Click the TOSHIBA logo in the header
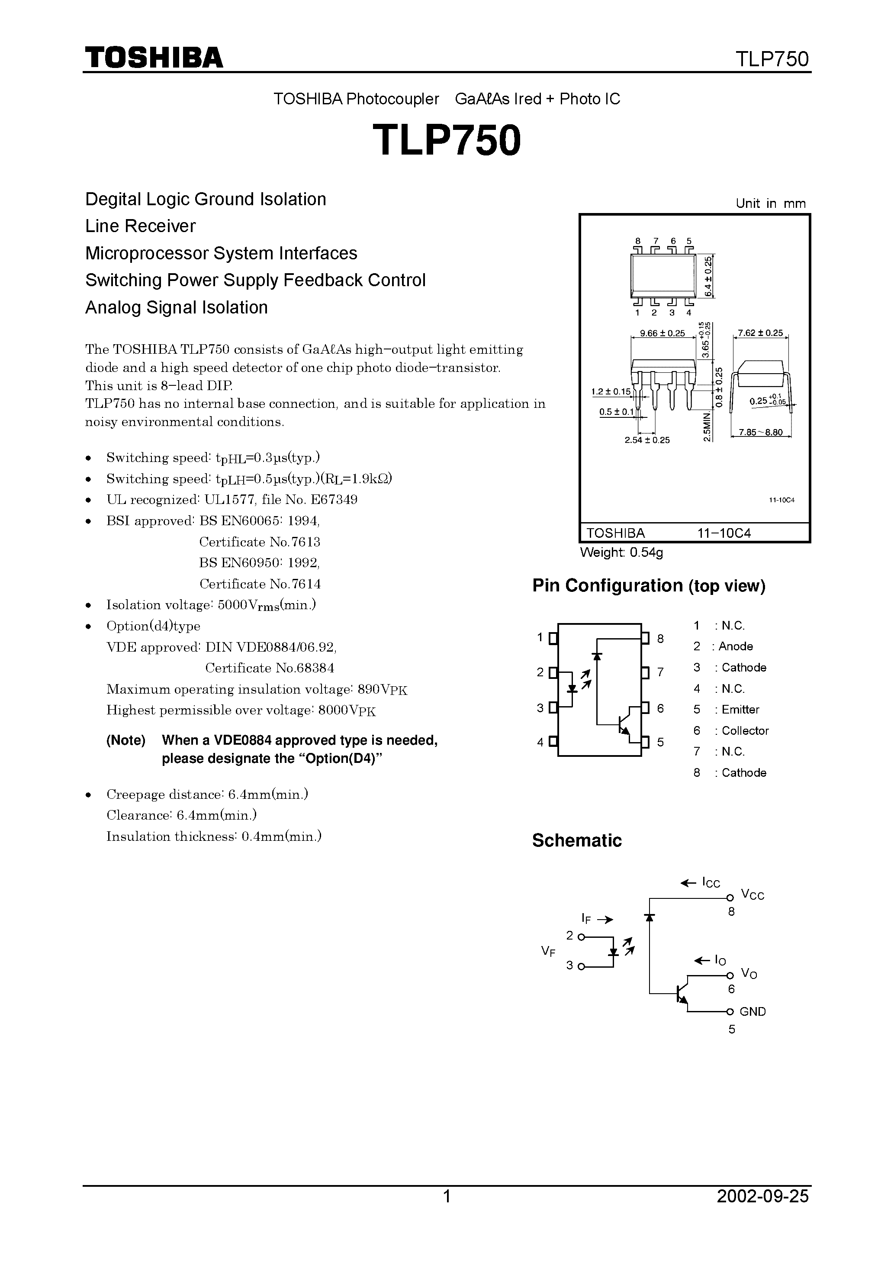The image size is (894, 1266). [154, 57]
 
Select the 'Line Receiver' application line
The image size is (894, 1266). [141, 226]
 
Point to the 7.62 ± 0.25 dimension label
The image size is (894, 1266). [761, 333]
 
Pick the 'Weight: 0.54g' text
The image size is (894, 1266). [621, 552]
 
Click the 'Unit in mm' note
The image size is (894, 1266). [770, 203]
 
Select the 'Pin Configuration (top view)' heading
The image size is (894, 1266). [649, 585]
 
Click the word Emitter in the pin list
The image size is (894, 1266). [740, 710]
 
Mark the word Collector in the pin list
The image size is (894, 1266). [745, 730]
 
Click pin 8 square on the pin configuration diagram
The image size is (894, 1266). [645, 638]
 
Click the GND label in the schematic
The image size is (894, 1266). [753, 1011]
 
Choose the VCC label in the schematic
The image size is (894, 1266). [753, 895]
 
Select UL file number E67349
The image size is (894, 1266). [334, 500]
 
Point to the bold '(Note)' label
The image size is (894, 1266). [125, 740]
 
